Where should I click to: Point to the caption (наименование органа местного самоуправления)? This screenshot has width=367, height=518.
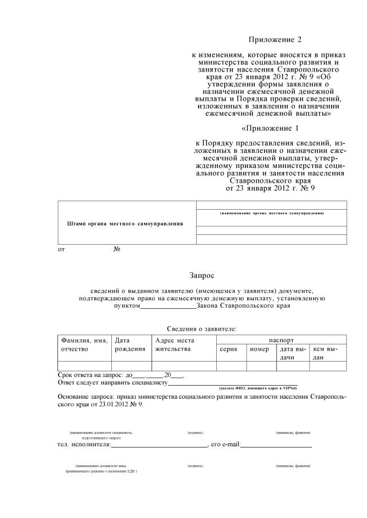(272, 213)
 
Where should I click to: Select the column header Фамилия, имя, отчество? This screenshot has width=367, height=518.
(84, 344)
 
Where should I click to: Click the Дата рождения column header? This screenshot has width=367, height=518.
(130, 344)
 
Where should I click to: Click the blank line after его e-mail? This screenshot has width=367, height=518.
(276, 445)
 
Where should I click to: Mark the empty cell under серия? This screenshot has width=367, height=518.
(231, 366)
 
